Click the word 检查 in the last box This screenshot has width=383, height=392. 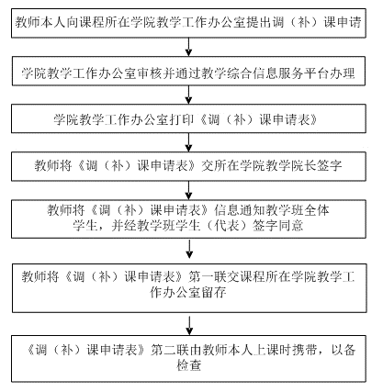[189, 365]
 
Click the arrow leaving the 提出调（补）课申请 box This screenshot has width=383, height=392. [189, 47]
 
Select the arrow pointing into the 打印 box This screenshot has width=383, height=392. [189, 95]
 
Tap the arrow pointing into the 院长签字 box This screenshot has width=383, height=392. [189, 142]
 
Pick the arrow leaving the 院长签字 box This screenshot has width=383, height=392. [189, 190]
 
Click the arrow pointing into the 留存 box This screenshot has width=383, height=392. [189, 250]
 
